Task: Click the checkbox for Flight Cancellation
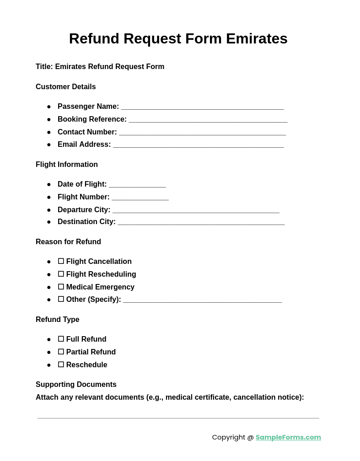click(x=61, y=261)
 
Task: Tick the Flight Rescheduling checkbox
click(x=61, y=274)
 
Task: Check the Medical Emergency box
click(x=61, y=287)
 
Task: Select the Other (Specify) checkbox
click(x=61, y=299)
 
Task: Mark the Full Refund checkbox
click(x=61, y=339)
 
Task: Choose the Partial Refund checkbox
click(x=61, y=352)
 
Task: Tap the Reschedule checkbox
click(x=61, y=365)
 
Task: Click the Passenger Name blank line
click(x=202, y=107)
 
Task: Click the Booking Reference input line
click(x=208, y=120)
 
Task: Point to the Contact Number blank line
click(x=202, y=133)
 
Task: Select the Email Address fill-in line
click(x=198, y=145)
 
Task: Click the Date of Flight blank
click(x=137, y=185)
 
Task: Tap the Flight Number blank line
click(x=140, y=198)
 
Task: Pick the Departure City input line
click(x=196, y=211)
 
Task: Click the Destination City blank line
click(x=201, y=223)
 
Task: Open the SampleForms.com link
click(x=288, y=437)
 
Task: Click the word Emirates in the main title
click(x=257, y=38)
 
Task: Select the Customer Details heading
click(x=66, y=87)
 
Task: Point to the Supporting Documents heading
click(x=76, y=385)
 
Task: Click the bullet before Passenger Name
click(x=49, y=107)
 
